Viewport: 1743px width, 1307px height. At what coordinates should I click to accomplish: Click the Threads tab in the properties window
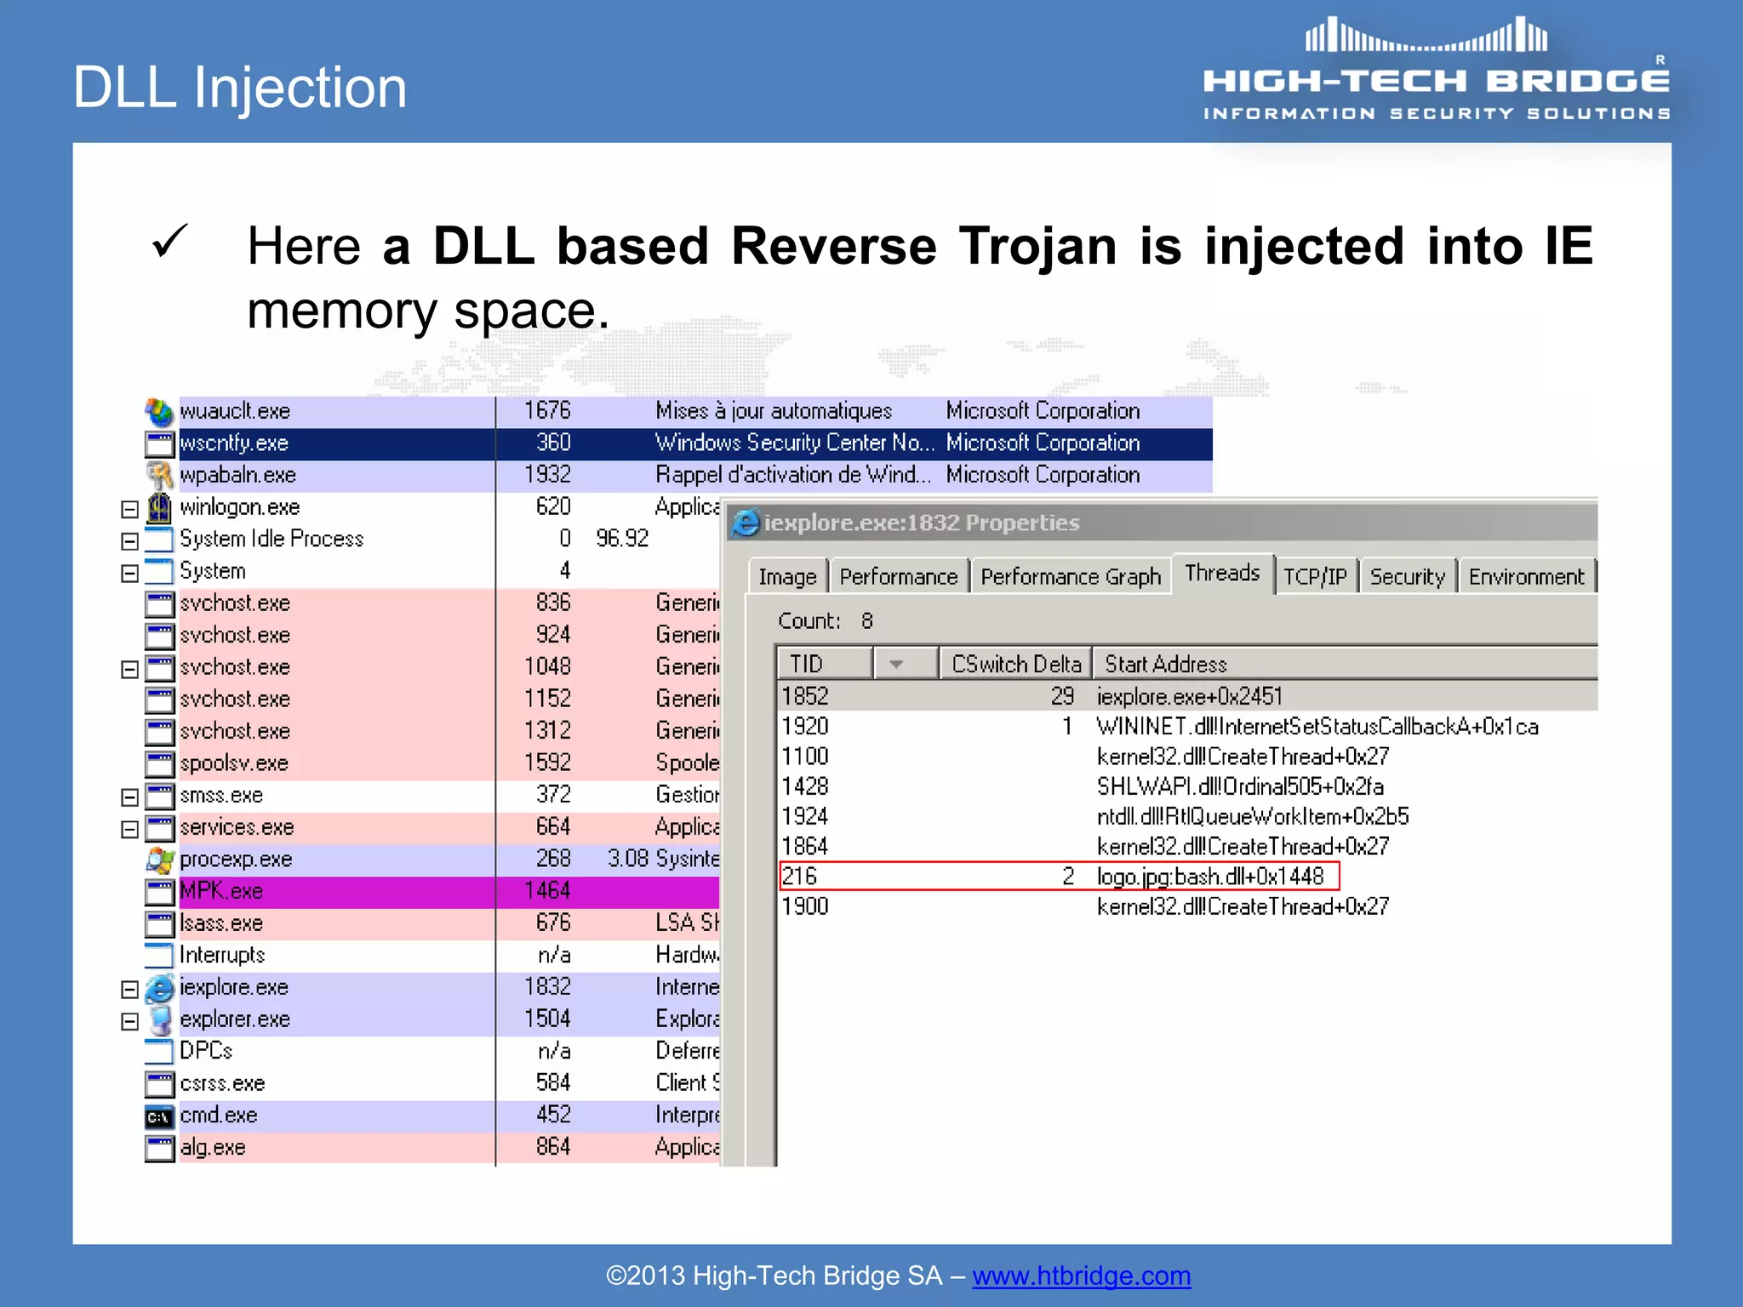(1221, 573)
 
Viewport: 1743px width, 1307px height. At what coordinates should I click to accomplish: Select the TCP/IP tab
(1315, 577)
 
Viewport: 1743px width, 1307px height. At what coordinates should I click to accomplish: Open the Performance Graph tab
(1070, 577)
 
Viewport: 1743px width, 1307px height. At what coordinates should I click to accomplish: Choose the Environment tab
(1525, 577)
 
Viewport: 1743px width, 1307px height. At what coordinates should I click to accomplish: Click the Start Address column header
(1165, 664)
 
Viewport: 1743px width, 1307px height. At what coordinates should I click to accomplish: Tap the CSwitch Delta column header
(1015, 664)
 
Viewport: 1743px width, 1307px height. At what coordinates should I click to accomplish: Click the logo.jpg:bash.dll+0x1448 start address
(1209, 876)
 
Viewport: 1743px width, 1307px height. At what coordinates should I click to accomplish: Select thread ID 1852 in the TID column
(805, 696)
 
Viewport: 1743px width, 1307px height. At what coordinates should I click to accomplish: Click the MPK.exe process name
(221, 891)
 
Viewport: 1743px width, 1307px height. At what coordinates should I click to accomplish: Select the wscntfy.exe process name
(234, 443)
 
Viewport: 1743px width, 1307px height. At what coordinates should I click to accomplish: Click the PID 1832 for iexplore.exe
(547, 987)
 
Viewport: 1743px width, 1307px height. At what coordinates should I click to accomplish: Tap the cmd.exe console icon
(159, 1116)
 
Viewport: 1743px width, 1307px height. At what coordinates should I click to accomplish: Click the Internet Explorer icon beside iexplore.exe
(159, 988)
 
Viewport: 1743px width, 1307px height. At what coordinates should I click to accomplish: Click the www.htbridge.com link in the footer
(1081, 1276)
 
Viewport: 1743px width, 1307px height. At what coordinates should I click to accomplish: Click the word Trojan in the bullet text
(1037, 246)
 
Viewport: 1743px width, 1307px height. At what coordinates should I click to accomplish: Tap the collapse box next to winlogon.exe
(129, 509)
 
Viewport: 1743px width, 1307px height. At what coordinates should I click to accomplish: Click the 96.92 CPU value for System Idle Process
(621, 539)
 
